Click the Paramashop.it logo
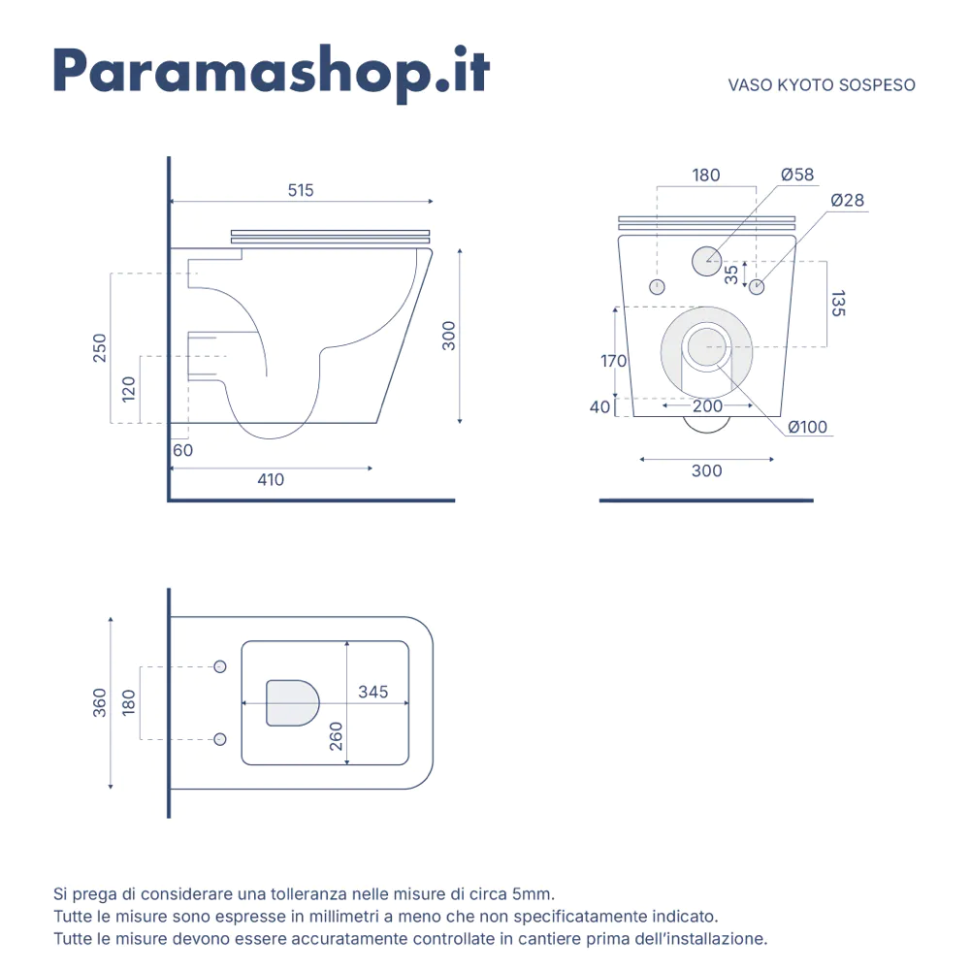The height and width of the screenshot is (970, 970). tap(272, 73)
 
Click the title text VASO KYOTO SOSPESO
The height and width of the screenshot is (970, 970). tap(822, 84)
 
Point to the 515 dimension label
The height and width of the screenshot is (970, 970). tap(301, 190)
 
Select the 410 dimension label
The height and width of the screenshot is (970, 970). tap(271, 479)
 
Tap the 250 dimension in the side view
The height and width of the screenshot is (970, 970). tap(100, 347)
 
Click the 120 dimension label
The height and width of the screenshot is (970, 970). tap(129, 389)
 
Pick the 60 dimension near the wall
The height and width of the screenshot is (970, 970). tap(182, 450)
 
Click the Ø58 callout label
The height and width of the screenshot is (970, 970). tap(797, 175)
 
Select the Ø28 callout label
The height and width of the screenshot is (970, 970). tap(847, 200)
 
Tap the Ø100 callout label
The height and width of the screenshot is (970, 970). tap(807, 427)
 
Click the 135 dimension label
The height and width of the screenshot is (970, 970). tap(838, 304)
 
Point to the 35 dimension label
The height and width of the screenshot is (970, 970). tap(731, 275)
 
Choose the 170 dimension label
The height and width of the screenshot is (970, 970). tap(614, 361)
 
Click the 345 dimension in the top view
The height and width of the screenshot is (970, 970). tap(373, 692)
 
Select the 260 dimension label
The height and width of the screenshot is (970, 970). tap(336, 736)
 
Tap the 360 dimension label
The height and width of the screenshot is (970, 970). tap(100, 702)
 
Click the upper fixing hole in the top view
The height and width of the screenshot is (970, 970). tap(219, 666)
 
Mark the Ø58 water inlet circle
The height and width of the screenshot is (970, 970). tap(706, 261)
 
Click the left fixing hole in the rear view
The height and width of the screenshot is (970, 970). tap(657, 287)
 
